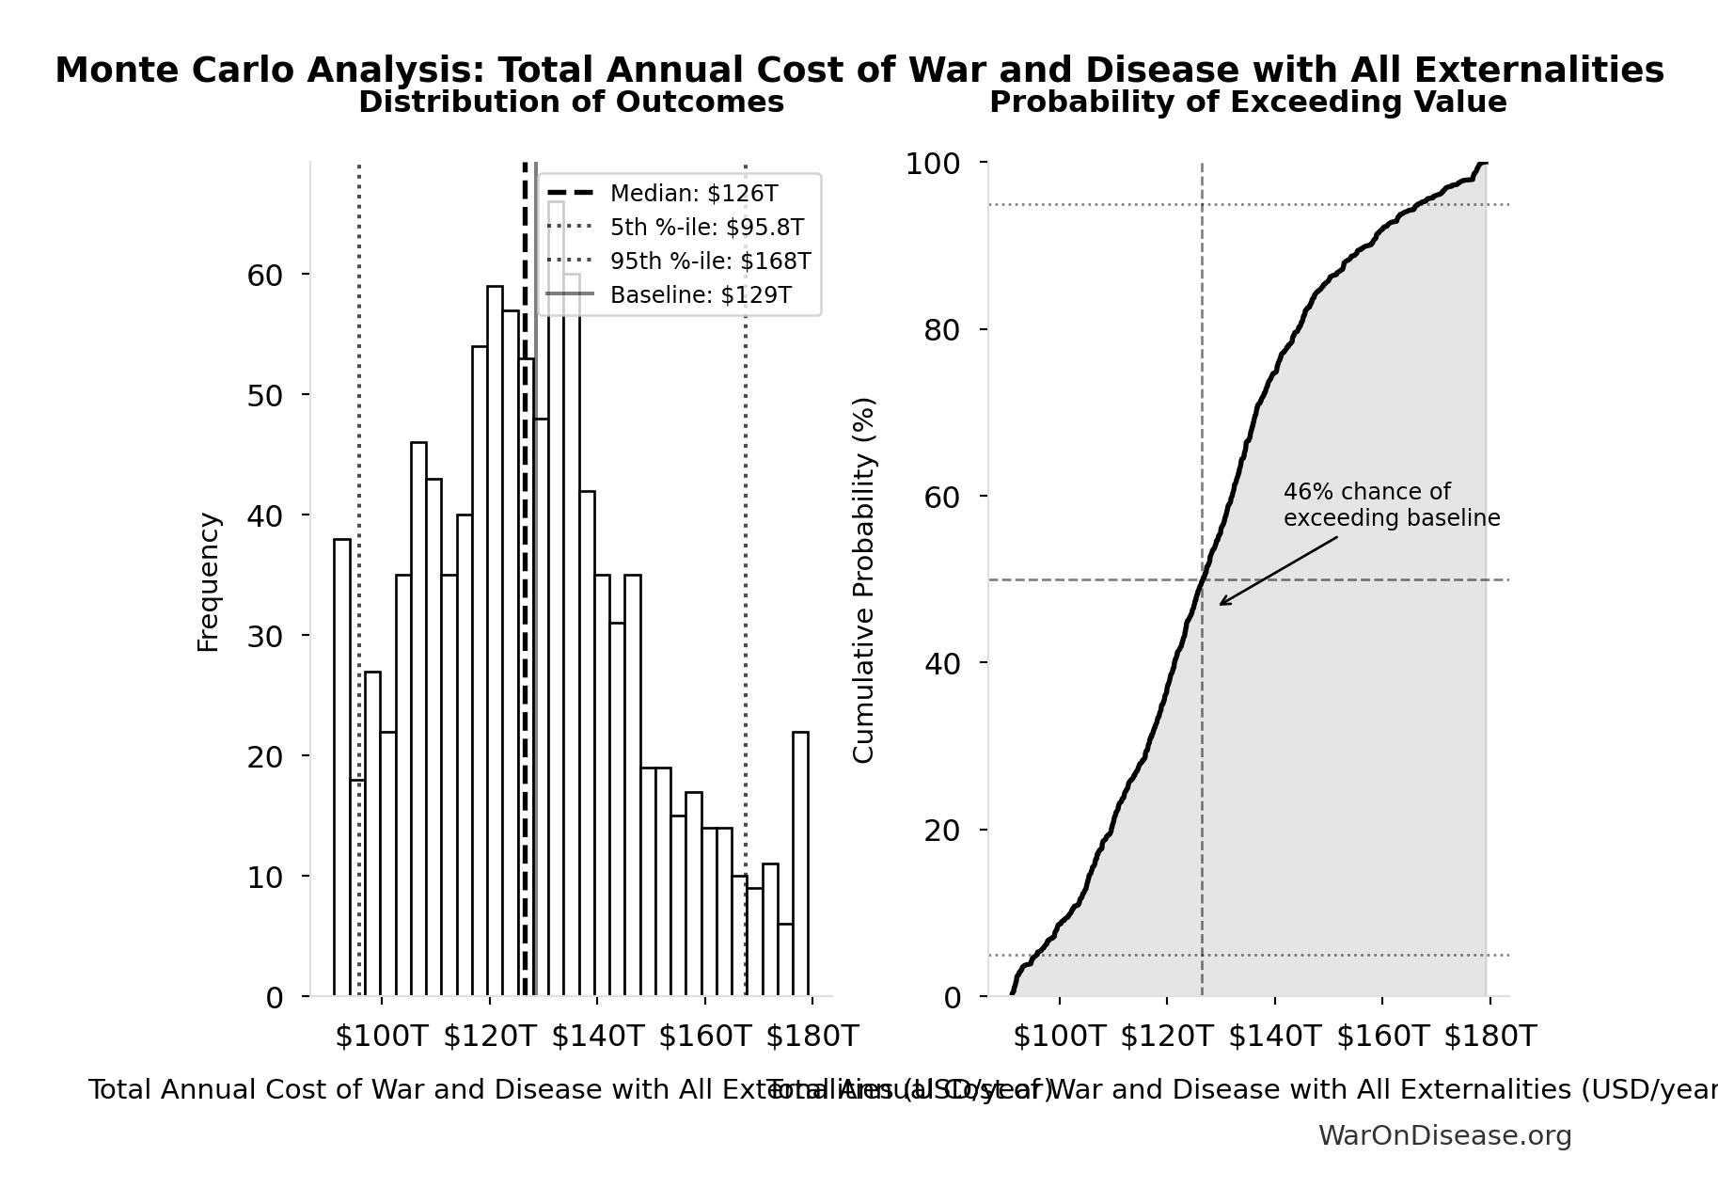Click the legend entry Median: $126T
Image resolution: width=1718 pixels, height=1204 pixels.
point(693,194)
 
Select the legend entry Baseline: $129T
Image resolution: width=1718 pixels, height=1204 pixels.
point(700,295)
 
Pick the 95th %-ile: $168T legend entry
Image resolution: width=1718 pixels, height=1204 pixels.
point(710,261)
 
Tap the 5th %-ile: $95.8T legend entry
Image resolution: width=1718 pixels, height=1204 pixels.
point(706,228)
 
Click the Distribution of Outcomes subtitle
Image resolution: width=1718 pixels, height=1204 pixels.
point(571,102)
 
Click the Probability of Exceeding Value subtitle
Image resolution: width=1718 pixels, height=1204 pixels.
point(1248,102)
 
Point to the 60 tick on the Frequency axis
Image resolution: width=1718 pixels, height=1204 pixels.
point(264,275)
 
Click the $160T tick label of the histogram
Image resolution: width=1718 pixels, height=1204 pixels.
point(704,1037)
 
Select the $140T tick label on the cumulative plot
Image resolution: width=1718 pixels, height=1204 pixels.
point(1274,1037)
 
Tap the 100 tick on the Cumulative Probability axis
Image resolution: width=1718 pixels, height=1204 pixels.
point(932,164)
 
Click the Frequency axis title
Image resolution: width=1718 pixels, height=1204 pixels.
point(208,581)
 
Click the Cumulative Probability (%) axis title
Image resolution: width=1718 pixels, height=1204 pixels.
point(863,579)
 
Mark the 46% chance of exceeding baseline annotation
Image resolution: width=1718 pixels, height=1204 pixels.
point(1391,505)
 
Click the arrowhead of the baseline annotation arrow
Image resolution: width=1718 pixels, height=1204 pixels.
point(1222,604)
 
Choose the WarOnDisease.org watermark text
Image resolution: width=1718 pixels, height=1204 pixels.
point(1444,1136)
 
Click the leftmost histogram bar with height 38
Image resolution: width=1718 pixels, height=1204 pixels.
point(342,767)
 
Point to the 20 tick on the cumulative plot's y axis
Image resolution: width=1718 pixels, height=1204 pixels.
point(942,831)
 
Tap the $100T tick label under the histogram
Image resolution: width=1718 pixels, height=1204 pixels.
point(381,1037)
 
